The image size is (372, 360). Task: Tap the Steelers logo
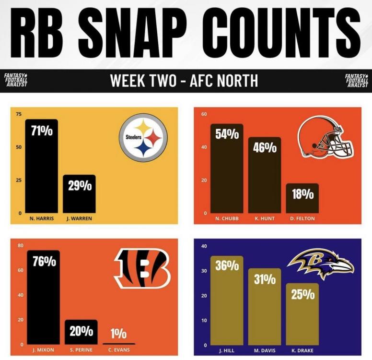[143, 137]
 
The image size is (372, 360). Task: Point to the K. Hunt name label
[264, 219]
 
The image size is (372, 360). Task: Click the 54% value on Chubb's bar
[227, 134]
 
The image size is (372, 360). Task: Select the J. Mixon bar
[43, 297]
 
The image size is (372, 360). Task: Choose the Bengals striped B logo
[142, 268]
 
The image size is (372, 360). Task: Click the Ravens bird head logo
[320, 263]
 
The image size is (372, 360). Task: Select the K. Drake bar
[302, 314]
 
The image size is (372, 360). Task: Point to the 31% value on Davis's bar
[265, 279]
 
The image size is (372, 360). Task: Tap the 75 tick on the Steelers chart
[19, 114]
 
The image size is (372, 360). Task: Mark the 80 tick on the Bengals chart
[20, 246]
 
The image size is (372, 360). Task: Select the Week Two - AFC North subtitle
[184, 81]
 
